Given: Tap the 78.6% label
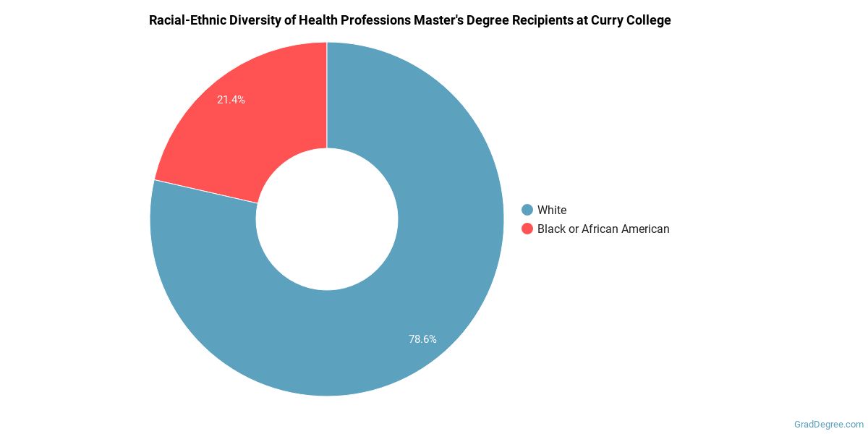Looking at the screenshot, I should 422,339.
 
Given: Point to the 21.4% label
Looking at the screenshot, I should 231,100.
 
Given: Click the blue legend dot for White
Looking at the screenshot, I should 527,210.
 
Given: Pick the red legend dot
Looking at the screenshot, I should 527,229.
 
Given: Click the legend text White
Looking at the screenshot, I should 552,210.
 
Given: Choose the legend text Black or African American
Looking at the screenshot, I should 603,229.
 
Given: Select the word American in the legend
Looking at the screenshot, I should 643,229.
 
